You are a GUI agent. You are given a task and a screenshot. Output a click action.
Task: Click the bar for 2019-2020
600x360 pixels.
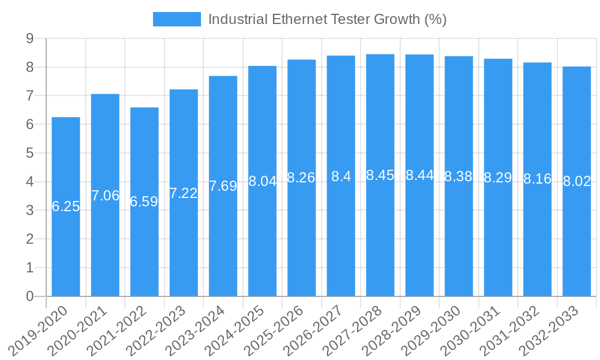pos(66,240)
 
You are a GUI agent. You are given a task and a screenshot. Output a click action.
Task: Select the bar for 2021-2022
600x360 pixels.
pos(145,240)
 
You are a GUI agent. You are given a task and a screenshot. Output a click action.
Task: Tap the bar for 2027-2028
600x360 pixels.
pos(380,240)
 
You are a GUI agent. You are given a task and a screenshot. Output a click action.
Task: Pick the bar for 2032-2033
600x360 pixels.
pos(577,240)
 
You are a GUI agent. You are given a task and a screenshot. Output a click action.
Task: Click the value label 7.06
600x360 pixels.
pos(105,196)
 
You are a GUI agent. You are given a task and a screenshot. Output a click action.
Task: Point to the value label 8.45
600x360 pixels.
pos(380,175)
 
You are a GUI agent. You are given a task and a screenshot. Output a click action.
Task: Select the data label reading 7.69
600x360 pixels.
pos(223,186)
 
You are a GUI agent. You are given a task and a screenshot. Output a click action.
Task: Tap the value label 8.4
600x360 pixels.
pos(341,176)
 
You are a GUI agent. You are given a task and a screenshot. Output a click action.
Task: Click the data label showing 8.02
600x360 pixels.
pos(577,182)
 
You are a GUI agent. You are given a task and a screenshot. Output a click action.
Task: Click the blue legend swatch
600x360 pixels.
pos(177,19)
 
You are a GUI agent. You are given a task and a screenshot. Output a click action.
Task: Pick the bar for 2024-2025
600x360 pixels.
pos(262,240)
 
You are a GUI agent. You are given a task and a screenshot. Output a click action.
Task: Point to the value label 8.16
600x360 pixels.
pos(537,179)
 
